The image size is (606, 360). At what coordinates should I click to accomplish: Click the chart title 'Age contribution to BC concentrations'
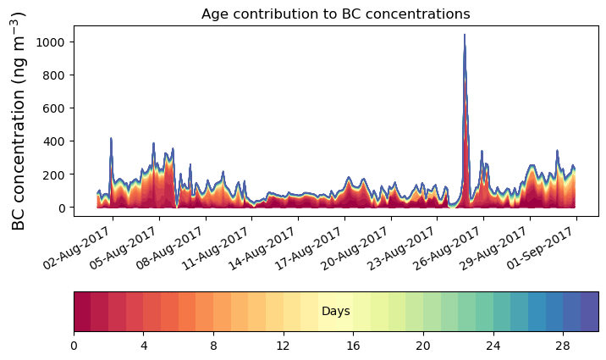[335, 14]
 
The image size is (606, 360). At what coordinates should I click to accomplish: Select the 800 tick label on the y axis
[64, 75]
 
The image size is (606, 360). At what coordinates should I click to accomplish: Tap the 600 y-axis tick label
[64, 108]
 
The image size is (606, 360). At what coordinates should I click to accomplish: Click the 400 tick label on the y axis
[64, 141]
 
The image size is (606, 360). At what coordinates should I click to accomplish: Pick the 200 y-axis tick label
[64, 174]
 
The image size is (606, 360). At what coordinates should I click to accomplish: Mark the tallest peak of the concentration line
[464, 36]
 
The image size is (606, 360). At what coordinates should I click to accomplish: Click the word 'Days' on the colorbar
[336, 312]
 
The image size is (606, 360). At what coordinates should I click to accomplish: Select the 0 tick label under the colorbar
[74, 346]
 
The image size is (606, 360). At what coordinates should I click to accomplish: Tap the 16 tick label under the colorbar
[354, 346]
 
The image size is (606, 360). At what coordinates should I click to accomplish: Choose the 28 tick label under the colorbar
[564, 346]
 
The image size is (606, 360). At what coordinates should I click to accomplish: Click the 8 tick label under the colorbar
[214, 346]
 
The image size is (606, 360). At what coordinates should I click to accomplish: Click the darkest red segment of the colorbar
[82, 312]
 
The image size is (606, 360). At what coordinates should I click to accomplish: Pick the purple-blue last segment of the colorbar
[590, 312]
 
